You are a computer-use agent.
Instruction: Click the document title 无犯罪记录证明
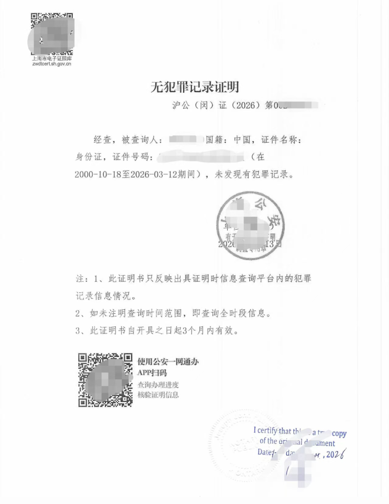coord(195,87)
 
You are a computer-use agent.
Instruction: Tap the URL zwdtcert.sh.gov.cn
coord(52,64)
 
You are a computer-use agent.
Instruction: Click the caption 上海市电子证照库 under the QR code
coord(52,58)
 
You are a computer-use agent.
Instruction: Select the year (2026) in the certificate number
coord(245,105)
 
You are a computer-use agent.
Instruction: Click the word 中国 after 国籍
coord(242,140)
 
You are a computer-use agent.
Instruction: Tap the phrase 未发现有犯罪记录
coord(251,174)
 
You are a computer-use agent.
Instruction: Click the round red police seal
coord(250,225)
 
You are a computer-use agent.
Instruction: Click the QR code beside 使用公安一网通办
coord(105,380)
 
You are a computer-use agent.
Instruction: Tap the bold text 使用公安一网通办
coord(168,362)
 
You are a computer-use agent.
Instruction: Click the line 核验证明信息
coord(158,395)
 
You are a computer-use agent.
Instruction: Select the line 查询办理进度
coord(158,385)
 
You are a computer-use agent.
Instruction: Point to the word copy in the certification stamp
coord(339,433)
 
